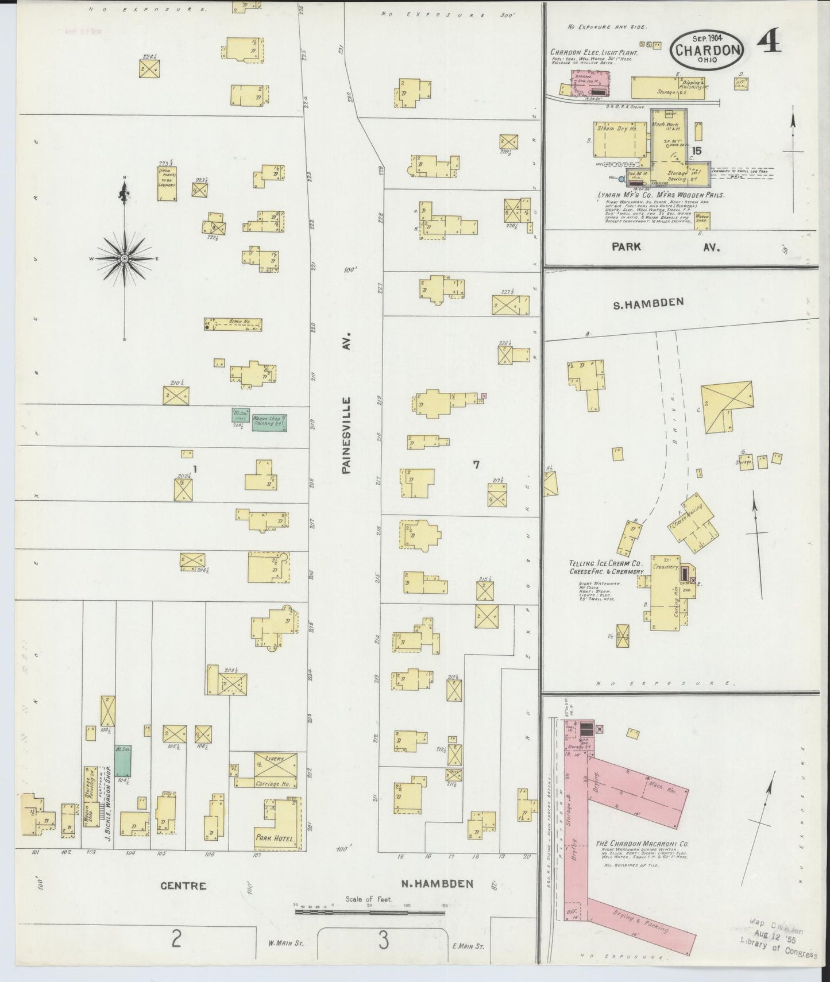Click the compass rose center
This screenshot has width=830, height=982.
tap(124, 259)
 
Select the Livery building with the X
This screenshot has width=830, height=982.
tap(276, 765)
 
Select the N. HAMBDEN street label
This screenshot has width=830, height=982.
tap(437, 883)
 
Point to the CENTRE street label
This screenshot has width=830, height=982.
tap(183, 885)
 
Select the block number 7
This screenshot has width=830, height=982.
tap(476, 465)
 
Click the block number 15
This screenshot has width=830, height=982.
tap(697, 150)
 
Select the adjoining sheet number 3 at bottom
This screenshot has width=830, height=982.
tap(383, 940)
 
